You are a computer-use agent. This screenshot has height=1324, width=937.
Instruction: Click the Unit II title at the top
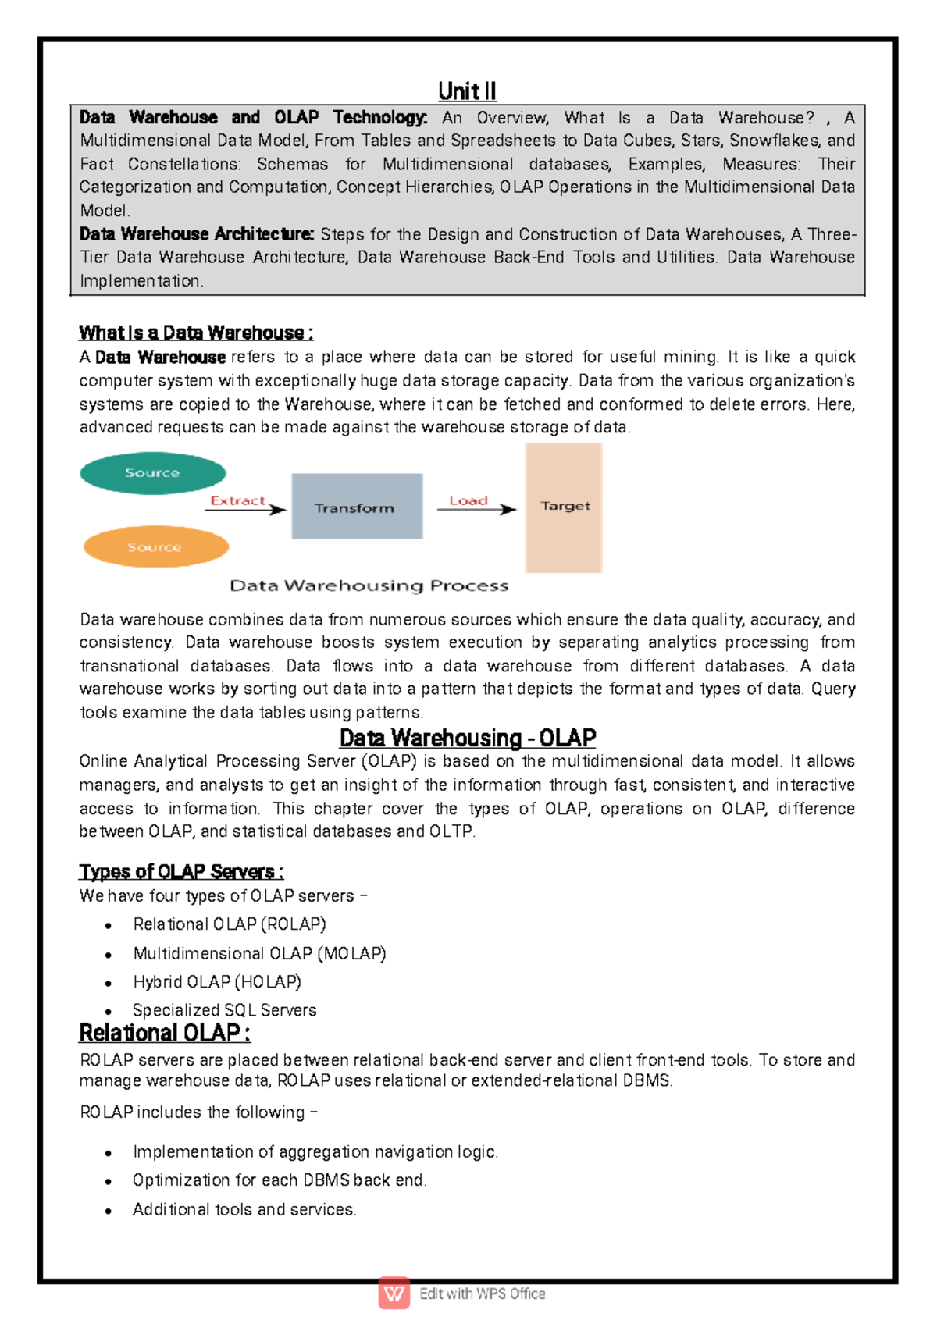coord(467,91)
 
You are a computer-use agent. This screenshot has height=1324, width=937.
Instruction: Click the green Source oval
coord(153,473)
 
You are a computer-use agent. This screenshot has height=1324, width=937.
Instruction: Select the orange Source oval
coord(155,547)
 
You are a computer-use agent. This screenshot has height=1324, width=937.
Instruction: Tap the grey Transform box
coord(356,507)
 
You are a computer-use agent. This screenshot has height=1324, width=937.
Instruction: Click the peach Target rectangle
coord(564,507)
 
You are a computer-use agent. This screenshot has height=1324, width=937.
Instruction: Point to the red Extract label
coord(237,500)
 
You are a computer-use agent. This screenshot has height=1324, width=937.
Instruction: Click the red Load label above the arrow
coord(468,500)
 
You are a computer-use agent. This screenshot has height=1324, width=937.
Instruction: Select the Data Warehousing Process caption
coord(369,585)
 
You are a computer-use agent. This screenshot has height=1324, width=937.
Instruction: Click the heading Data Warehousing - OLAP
coord(467,738)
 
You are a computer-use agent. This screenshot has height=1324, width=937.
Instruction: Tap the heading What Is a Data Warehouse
coord(196,333)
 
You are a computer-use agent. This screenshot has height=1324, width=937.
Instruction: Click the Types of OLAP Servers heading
coord(181,871)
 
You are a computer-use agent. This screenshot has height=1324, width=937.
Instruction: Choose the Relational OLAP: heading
coord(165,1033)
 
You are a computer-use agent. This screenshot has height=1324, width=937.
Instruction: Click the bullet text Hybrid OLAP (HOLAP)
coord(217,981)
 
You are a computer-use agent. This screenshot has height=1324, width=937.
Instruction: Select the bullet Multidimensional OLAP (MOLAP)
coord(259,953)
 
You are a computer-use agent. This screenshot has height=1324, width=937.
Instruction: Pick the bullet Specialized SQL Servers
coord(224,1010)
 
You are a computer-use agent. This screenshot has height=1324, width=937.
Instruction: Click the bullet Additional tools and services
coord(244,1209)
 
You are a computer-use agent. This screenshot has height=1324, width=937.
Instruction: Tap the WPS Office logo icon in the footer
coord(394,1293)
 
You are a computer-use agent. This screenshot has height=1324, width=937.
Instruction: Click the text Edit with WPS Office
coord(482,1294)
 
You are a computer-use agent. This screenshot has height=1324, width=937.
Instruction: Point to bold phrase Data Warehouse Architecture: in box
coord(196,234)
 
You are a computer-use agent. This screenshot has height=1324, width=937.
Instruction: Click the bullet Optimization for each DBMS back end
coord(279,1180)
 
